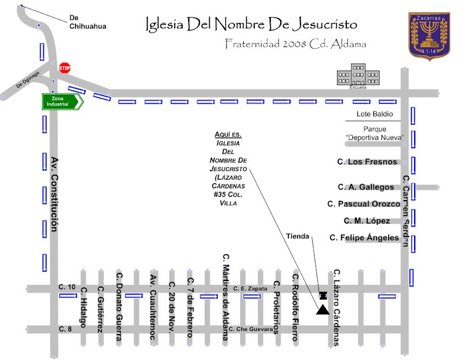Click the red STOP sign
(x=64, y=67)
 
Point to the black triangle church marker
(x=322, y=309)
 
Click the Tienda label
(x=298, y=236)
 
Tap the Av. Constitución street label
(x=54, y=194)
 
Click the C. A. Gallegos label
(x=365, y=187)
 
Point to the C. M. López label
(x=367, y=220)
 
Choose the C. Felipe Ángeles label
(x=364, y=237)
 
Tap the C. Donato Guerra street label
(x=119, y=305)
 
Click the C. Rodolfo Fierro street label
(x=296, y=307)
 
